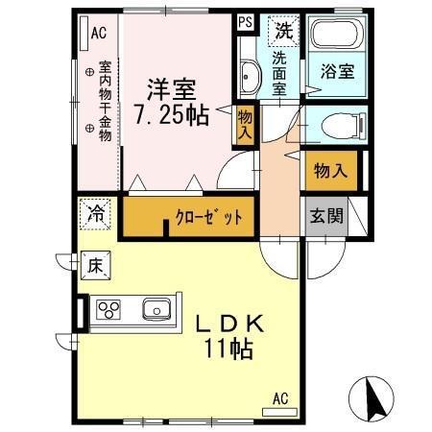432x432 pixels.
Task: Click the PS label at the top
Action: coord(245,22)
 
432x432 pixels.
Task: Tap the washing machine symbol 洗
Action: coord(282,30)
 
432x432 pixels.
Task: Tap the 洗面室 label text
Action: coord(279,72)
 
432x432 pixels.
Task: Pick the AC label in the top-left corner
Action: coord(97,33)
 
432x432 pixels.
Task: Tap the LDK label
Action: coord(230,324)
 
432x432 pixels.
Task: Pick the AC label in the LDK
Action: coord(280,397)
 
